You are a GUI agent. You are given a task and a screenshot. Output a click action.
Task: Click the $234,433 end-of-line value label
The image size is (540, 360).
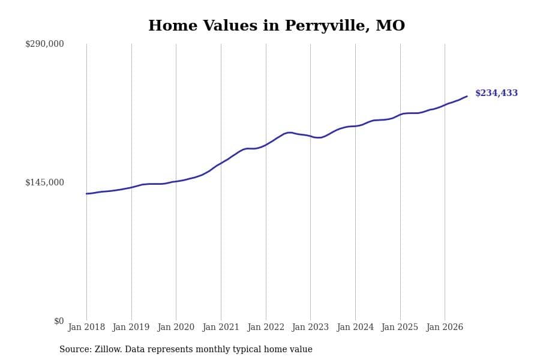tap(496, 93)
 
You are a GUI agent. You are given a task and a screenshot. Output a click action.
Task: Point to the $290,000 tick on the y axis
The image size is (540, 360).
tap(44, 44)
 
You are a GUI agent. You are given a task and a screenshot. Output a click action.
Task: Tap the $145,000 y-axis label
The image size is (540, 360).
tap(44, 182)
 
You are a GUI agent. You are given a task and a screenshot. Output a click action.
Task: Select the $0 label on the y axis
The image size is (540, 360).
tap(59, 321)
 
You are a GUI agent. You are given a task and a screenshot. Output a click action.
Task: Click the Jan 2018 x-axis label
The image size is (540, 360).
tap(86, 327)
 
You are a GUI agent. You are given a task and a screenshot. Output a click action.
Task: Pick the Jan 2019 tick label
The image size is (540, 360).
tap(131, 327)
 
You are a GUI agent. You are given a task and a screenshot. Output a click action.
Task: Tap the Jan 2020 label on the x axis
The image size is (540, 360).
tap(176, 327)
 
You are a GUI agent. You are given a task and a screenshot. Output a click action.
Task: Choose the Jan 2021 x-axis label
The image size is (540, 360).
tap(221, 327)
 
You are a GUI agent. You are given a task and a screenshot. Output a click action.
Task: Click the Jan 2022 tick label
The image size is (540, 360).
tap(266, 327)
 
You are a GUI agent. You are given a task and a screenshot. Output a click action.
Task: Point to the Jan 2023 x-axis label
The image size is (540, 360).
tap(310, 327)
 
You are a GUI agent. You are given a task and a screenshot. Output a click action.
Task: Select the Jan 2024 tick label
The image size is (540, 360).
tap(355, 327)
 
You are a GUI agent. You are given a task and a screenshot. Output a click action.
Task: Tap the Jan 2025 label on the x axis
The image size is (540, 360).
tap(400, 327)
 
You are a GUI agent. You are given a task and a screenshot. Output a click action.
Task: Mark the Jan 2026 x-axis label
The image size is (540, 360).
tap(445, 327)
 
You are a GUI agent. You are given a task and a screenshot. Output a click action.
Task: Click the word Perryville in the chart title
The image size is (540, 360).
tap(327, 26)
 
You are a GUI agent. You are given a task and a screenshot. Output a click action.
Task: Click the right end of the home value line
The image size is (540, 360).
tap(467, 96)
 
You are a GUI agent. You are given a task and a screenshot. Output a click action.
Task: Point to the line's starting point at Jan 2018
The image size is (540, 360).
tap(86, 194)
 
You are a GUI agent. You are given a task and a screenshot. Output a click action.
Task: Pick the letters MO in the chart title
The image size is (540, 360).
tap(391, 25)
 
